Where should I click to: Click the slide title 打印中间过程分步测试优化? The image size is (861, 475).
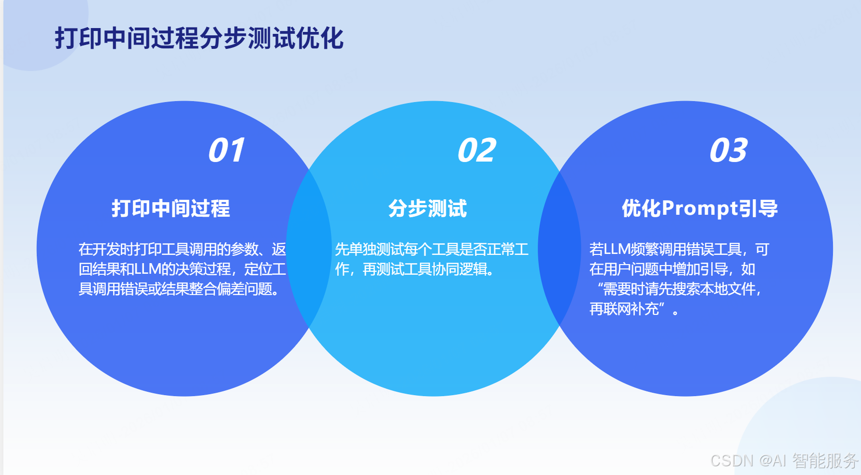pyautogui.click(x=199, y=38)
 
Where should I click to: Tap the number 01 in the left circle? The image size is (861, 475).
pyautogui.click(x=226, y=150)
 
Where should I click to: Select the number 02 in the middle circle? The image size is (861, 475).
pyautogui.click(x=476, y=150)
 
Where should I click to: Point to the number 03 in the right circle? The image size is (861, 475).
pyautogui.click(x=728, y=150)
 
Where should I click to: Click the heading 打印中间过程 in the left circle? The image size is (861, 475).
pyautogui.click(x=171, y=208)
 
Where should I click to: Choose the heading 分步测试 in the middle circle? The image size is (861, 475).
pyautogui.click(x=428, y=208)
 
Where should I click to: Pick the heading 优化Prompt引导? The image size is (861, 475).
pyautogui.click(x=700, y=208)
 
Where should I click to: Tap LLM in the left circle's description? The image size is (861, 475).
pyautogui.click(x=147, y=269)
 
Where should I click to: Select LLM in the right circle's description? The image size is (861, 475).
pyautogui.click(x=617, y=250)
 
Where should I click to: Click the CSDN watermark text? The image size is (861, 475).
pyautogui.click(x=732, y=460)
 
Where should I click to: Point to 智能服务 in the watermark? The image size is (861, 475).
pyautogui.click(x=825, y=460)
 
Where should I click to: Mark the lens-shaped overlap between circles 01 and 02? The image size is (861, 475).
pyautogui.click(x=309, y=249)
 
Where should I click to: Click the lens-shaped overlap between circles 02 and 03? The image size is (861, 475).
pyautogui.click(x=560, y=249)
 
